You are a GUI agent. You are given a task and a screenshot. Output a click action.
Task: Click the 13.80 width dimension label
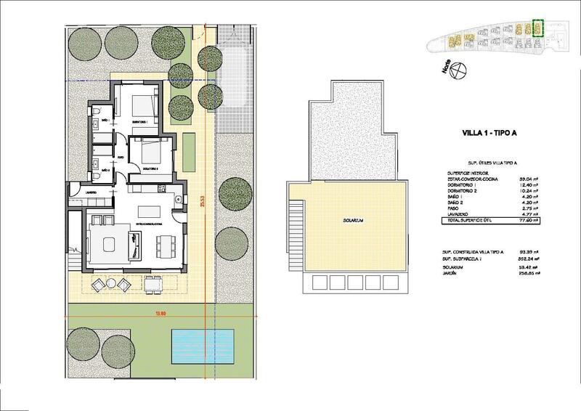tap(159, 314)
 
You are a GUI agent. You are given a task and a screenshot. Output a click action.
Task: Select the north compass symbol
tap(457, 71)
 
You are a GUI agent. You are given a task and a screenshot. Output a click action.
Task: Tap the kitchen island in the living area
tap(148, 211)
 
